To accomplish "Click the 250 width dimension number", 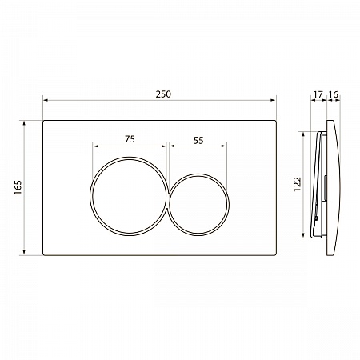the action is click(x=163, y=94).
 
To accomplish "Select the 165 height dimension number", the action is click(x=18, y=187).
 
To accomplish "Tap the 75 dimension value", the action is click(x=130, y=139).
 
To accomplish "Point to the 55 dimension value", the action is click(x=198, y=140).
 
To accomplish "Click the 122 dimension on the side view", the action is click(x=297, y=184).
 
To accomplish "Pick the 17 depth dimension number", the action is click(x=318, y=94).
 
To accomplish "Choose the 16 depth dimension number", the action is click(x=334, y=94).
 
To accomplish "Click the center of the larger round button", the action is click(x=130, y=196).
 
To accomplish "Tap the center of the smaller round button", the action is click(x=198, y=205).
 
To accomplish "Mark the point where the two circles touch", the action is click(x=169, y=201).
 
